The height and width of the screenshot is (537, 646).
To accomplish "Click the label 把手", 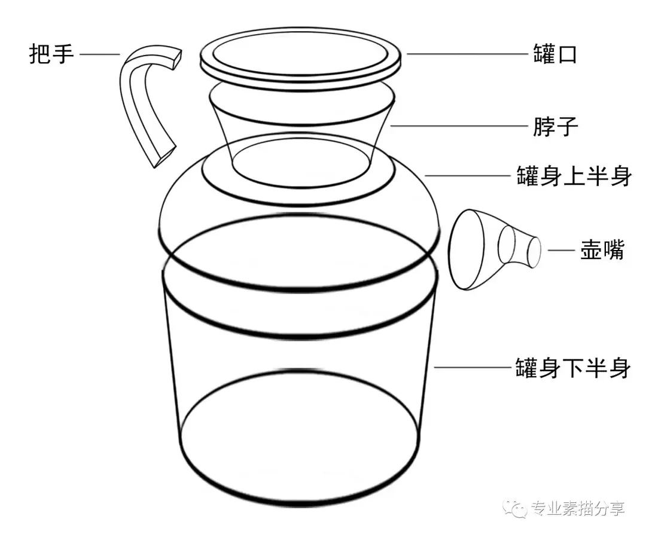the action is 51,54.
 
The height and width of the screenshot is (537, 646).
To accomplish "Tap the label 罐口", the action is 555,54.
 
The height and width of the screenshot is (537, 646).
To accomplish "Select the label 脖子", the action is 555,126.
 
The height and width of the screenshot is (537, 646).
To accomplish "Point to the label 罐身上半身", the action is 574,176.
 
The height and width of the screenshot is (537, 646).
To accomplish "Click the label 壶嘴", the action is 602,250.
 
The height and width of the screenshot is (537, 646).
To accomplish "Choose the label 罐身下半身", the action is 573,367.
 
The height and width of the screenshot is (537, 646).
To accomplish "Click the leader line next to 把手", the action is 100,54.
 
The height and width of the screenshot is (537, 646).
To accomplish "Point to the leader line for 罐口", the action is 467,54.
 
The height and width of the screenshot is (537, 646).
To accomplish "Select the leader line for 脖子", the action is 459,126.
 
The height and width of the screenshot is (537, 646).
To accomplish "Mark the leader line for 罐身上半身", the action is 468,176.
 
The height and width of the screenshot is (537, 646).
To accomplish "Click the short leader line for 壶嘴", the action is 561,250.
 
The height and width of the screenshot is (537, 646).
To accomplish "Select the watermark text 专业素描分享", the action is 578,508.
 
